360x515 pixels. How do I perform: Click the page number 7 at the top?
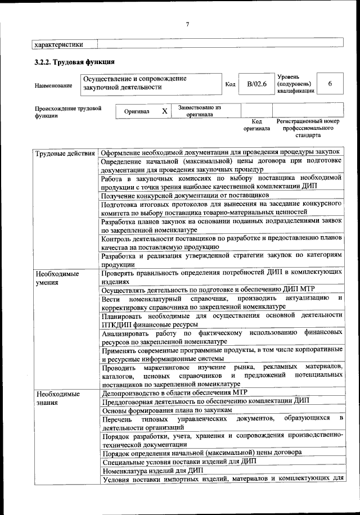tap(187, 24)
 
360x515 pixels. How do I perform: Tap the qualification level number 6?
tap(330, 84)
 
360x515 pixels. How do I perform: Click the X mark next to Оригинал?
tap(164, 111)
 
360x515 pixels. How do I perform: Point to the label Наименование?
tap(53, 85)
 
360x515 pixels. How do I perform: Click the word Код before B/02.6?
tap(230, 85)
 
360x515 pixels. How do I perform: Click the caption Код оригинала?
tap(256, 125)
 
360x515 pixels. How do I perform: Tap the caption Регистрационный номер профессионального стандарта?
tap(308, 128)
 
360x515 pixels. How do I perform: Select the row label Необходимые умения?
tap(57, 278)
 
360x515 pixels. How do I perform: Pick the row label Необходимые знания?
tap(57, 398)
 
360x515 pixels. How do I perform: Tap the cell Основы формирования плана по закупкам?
tap(167, 411)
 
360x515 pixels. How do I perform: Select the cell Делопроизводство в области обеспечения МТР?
tap(175, 392)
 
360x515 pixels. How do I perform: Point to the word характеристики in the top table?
tap(59, 44)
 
